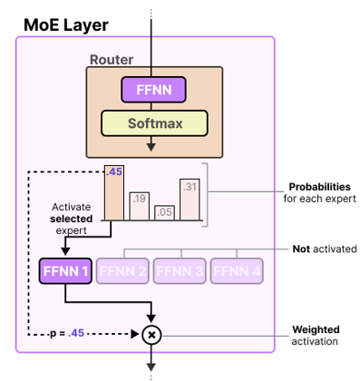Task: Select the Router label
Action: [111, 60]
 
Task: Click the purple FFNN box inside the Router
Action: [152, 89]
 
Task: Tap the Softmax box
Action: [152, 122]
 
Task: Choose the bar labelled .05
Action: [164, 213]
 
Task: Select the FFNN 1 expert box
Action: [64, 270]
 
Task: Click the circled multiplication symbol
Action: [152, 334]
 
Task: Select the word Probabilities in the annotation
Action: [319, 187]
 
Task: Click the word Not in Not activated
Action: [301, 248]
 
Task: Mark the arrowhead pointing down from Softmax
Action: [152, 145]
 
